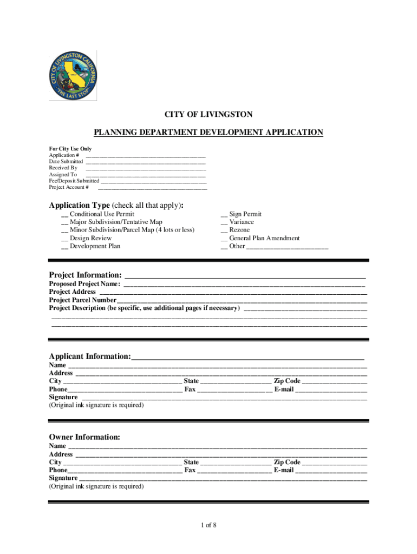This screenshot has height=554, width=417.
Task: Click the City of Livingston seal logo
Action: click(73, 76)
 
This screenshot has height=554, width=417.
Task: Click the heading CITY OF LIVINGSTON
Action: click(208, 114)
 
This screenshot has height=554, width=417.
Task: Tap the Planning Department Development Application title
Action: click(208, 132)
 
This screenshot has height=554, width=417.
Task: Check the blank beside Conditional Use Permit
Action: click(64, 215)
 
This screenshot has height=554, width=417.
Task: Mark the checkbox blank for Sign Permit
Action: click(224, 215)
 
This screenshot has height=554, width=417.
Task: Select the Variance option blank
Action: click(224, 223)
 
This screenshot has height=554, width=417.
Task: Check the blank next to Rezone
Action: click(224, 231)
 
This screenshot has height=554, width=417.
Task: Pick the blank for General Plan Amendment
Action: click(224, 239)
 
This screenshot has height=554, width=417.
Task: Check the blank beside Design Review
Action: click(64, 239)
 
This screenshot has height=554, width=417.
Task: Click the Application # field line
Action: click(146, 156)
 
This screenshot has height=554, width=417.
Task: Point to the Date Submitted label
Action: click(66, 161)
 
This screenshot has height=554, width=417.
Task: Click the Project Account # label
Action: click(69, 187)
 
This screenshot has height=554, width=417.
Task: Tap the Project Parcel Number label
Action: click(82, 300)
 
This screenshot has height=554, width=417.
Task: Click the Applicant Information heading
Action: click(90, 357)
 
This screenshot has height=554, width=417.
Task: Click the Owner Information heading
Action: click(84, 437)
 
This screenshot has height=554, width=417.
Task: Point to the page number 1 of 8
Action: click(208, 525)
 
